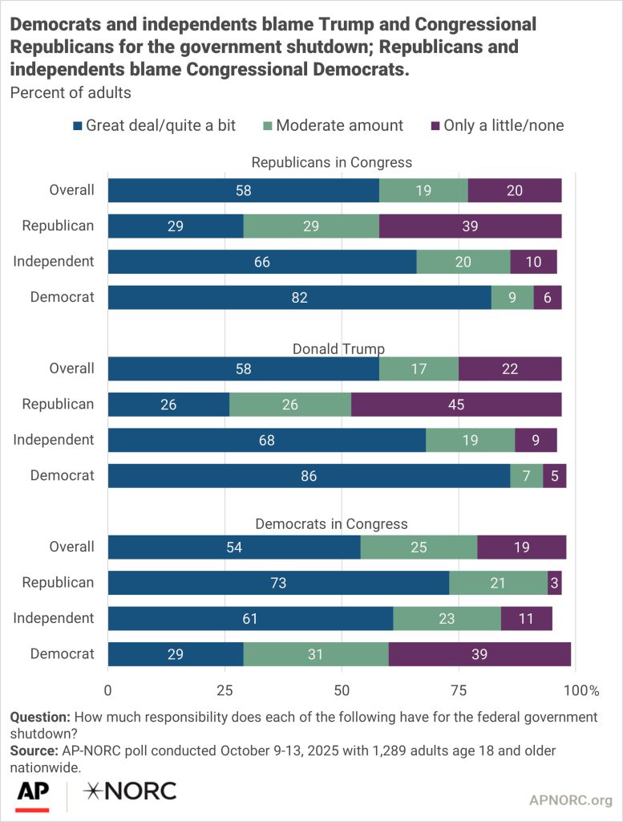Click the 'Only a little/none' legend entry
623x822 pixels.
[x=504, y=125]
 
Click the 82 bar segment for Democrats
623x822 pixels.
[x=299, y=297]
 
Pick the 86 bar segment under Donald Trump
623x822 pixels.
[x=309, y=475]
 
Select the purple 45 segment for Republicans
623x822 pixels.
[x=456, y=404]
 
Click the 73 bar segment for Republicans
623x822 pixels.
[x=278, y=583]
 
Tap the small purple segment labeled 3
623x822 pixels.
[x=554, y=583]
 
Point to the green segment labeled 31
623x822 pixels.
[x=315, y=654]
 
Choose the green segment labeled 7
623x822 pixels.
[x=526, y=475]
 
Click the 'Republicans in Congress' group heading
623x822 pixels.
[x=332, y=162]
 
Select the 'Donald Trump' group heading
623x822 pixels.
[x=338, y=349]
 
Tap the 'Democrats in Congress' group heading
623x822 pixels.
[x=331, y=524]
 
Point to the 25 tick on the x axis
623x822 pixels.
[x=225, y=690]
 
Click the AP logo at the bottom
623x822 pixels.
[x=32, y=791]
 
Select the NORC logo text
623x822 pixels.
[x=131, y=791]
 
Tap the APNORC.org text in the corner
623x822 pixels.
[x=570, y=800]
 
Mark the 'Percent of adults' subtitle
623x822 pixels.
[x=71, y=92]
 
